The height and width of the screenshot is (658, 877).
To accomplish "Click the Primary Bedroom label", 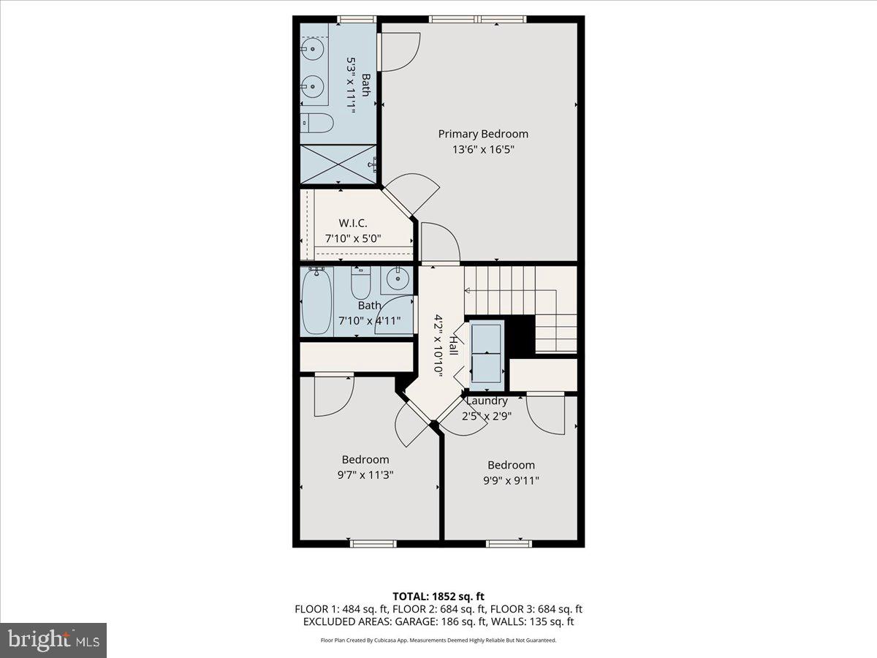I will (483, 134).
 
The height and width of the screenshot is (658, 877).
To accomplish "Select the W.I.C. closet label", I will (352, 223).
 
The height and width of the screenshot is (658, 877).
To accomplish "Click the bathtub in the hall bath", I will (316, 301).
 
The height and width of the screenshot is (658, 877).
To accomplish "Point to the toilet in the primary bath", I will (314, 123).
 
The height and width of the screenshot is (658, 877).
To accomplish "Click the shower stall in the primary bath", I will (338, 164).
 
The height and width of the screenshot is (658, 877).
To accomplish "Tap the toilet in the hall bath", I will (362, 281).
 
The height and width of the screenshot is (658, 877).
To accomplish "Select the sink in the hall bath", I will (398, 278).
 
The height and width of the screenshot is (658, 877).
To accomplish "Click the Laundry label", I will (487, 401).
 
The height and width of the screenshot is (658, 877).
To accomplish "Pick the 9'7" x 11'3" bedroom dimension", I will (365, 474).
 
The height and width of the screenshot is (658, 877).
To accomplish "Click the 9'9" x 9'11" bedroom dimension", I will (511, 480).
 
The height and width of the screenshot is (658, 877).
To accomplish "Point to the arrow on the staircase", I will (468, 290).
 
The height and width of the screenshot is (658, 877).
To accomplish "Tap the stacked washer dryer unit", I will (486, 352).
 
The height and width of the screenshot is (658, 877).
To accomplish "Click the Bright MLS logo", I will (53, 640).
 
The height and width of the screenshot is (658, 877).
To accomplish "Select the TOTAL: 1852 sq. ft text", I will (438, 595).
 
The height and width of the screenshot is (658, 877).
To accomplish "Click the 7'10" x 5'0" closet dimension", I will (354, 238).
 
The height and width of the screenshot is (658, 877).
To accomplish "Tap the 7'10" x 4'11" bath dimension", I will (369, 320).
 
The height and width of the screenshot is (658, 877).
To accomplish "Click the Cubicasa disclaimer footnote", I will (438, 640).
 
